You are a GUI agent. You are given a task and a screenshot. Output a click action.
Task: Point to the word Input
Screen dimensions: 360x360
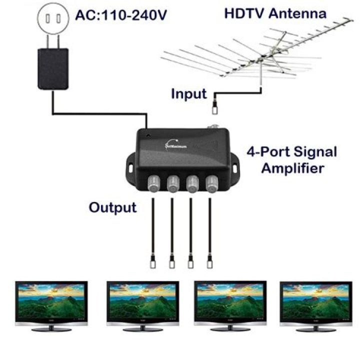[x=188, y=93]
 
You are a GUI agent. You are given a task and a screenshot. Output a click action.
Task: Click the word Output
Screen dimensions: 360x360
[x=112, y=207]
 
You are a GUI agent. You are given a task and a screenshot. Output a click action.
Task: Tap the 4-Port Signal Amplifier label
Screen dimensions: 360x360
[x=292, y=159]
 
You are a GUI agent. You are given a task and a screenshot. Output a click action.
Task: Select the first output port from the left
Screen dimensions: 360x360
[x=154, y=184]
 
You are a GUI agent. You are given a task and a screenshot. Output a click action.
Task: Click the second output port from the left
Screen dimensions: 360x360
[x=173, y=184]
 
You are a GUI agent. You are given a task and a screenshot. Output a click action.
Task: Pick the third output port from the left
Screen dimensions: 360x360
[x=192, y=184]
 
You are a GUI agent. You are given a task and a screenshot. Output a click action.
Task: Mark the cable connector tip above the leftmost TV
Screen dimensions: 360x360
[x=153, y=261]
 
